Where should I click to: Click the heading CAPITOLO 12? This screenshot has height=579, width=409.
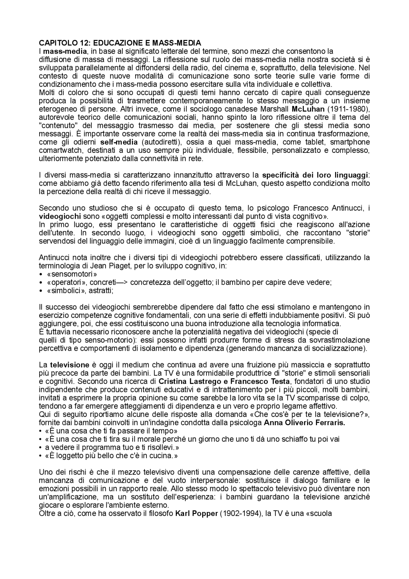(x=120, y=43)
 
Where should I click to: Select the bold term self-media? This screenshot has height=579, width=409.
(x=119, y=142)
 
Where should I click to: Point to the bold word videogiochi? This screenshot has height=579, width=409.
(x=60, y=216)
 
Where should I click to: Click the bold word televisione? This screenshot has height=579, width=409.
(x=69, y=365)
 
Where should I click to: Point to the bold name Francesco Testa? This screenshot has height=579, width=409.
(x=260, y=381)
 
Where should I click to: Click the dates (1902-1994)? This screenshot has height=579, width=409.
(x=239, y=514)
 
